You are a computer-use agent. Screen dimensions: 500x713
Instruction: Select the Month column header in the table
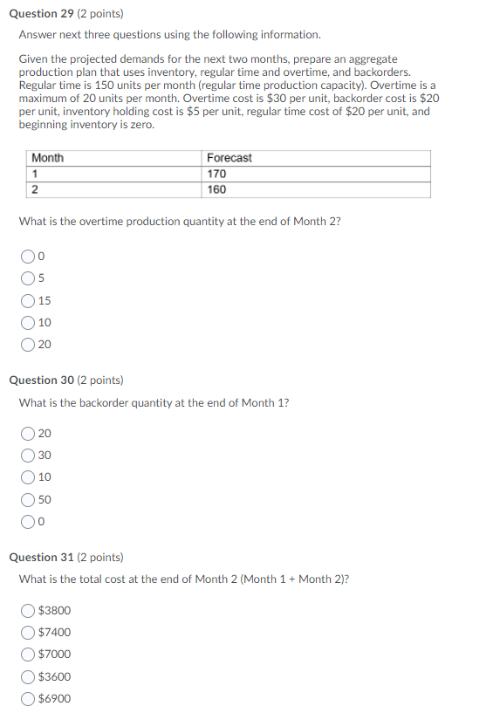click(48, 158)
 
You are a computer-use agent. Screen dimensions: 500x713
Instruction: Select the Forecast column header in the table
click(229, 158)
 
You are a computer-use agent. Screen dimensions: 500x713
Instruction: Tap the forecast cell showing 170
click(216, 174)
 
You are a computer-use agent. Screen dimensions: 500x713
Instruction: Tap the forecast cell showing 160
click(216, 189)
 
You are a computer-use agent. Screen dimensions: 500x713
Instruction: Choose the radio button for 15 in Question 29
click(29, 301)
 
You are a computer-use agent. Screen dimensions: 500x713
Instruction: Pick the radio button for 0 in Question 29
click(29, 257)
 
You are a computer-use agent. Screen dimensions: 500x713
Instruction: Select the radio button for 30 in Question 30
click(29, 456)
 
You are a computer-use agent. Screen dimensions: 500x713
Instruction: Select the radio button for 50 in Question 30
click(29, 500)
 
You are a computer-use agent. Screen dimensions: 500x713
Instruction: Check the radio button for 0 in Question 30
click(29, 522)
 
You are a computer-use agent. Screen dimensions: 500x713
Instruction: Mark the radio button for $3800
click(29, 610)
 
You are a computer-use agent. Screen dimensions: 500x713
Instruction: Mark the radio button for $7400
click(29, 633)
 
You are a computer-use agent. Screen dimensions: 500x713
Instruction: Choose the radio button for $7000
click(29, 655)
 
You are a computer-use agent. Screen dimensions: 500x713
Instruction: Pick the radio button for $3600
click(29, 676)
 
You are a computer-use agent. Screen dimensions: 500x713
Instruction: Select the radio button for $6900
click(29, 699)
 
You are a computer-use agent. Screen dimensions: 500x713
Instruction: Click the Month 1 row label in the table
click(36, 174)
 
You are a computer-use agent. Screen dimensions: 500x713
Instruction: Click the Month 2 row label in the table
click(36, 189)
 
